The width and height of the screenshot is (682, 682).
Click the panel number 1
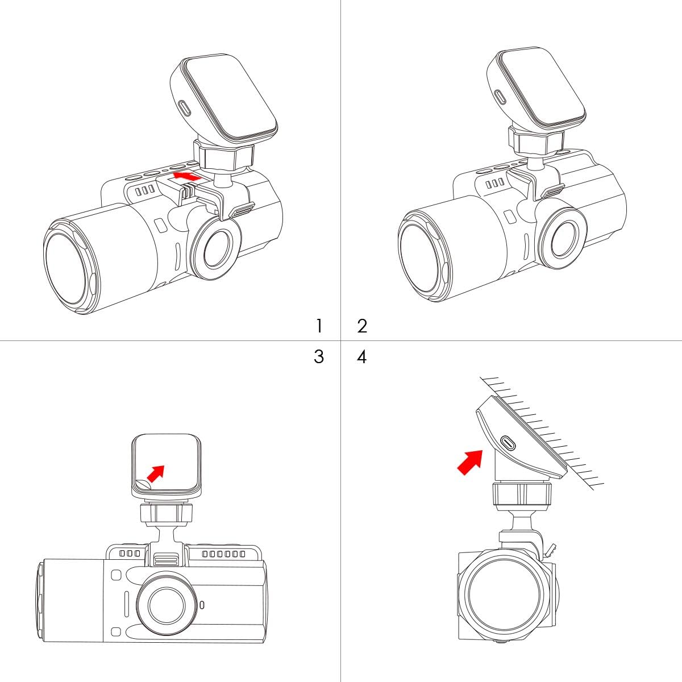point(319,326)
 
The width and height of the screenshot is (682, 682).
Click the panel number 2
point(362,326)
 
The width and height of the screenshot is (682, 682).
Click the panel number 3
point(319,356)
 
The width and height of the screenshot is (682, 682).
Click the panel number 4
point(361,357)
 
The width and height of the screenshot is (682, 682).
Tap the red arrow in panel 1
point(187,176)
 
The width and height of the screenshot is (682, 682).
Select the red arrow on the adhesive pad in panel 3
point(156,473)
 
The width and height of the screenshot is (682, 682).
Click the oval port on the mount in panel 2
point(500,96)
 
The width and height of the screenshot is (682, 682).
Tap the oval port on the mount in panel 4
point(509,443)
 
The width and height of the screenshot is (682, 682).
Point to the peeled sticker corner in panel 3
point(142,484)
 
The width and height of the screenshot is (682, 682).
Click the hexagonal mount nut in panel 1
point(224,156)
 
